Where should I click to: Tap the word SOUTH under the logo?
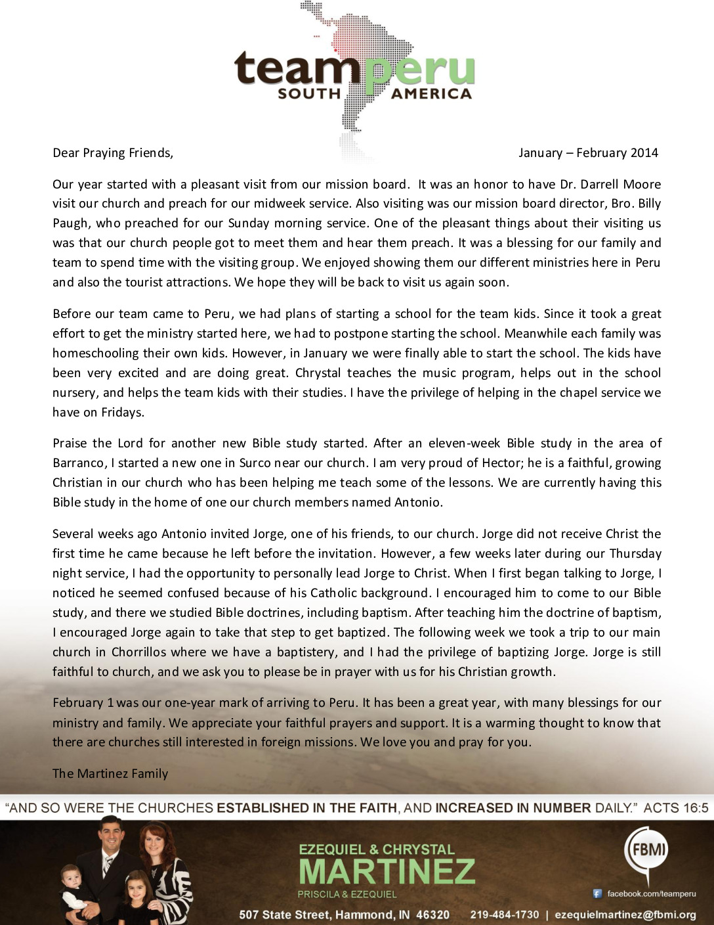click(x=309, y=94)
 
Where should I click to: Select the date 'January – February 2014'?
click(x=588, y=153)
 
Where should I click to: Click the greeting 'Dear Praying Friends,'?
click(x=113, y=153)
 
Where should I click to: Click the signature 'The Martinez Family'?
click(x=110, y=773)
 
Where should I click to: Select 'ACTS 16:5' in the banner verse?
click(x=675, y=807)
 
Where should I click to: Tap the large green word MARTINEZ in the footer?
click(x=387, y=871)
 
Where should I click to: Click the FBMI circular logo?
click(x=648, y=849)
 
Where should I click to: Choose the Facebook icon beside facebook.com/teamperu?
click(x=597, y=893)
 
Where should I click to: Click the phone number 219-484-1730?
click(x=505, y=914)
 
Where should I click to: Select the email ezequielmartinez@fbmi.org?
click(x=625, y=914)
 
